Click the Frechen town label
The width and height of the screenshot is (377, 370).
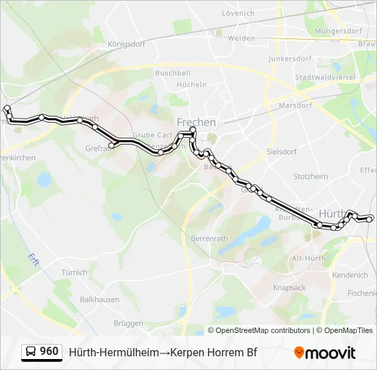pos(196,122)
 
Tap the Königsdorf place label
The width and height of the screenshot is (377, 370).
pos(127,44)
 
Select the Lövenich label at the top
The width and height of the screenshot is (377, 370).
pos(239,13)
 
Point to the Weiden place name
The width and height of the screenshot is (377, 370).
pos(241,38)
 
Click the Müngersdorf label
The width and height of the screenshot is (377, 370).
pos(338,32)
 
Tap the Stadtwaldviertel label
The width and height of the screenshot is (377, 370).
pos(325,77)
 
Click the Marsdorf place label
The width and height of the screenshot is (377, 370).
pos(296,106)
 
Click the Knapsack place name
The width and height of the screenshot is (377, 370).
pos(289,288)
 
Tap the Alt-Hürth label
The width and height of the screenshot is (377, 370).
pos(308,258)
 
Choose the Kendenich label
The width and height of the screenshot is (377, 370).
pos(350,275)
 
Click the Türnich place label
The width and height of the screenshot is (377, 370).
pos(74,272)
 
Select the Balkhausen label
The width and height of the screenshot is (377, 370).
pos(99,299)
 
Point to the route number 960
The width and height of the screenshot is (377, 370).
pos(49,351)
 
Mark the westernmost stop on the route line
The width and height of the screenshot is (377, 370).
pos(7,108)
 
